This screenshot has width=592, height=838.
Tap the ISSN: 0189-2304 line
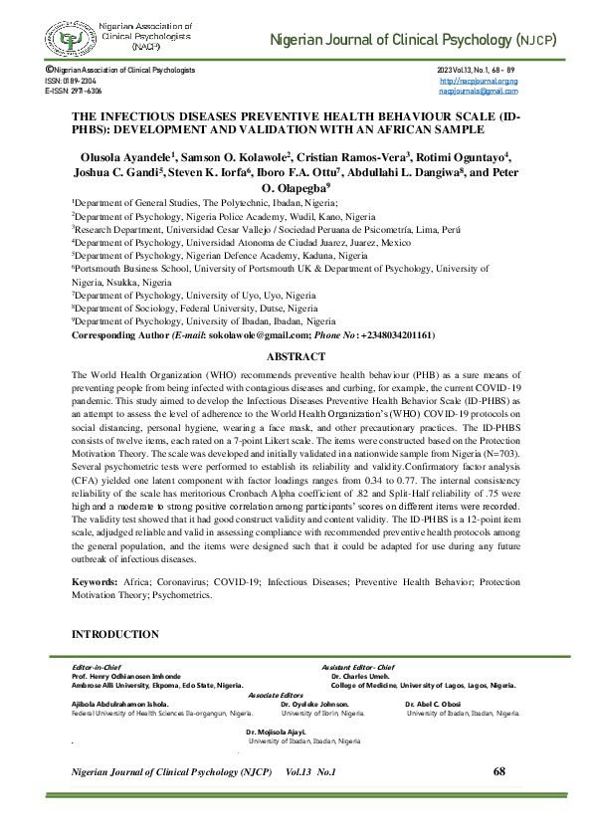pos(69,81)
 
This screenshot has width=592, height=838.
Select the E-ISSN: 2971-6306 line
pos(73,91)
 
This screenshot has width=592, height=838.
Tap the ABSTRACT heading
pos(296,354)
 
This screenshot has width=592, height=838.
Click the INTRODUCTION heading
pos(114,634)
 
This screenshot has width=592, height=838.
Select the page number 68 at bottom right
pos(498,772)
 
